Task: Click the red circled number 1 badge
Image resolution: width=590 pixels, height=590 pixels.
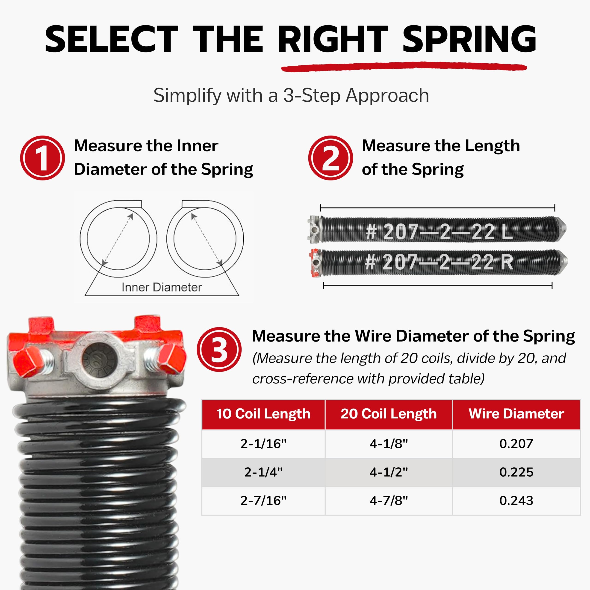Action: tap(42, 158)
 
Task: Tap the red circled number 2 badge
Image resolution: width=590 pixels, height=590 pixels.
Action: tap(330, 158)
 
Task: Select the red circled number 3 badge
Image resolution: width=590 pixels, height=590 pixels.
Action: tap(219, 349)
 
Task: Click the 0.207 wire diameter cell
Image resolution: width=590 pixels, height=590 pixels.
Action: tap(516, 444)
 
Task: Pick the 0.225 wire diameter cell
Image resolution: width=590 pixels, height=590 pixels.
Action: tap(516, 472)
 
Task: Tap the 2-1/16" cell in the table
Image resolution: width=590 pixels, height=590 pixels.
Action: tap(263, 444)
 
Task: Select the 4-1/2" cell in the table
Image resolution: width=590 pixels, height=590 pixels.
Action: tap(388, 472)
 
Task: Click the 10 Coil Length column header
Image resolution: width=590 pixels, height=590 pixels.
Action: tap(263, 414)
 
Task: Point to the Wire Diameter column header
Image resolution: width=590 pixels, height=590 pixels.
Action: tap(516, 414)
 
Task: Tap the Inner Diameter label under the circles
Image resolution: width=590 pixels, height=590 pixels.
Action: tap(162, 287)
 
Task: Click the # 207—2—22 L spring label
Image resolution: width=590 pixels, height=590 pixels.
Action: tap(439, 232)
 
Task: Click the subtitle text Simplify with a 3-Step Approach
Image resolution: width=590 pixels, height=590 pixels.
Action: tap(291, 95)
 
